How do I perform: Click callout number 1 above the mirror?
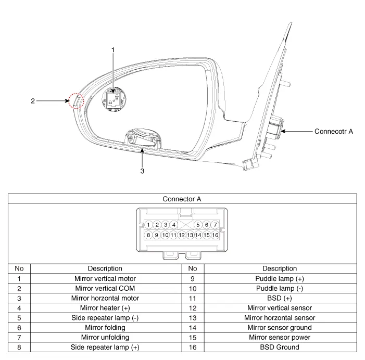(113, 50)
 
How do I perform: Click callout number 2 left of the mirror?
(33, 101)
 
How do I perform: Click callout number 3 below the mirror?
(142, 170)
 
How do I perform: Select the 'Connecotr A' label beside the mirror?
(334, 132)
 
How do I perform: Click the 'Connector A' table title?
(182, 199)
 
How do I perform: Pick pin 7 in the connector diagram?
(215, 225)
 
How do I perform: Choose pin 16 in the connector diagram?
(215, 235)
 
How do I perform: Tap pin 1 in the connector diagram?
(149, 225)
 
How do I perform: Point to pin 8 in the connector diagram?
(149, 235)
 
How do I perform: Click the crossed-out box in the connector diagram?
(186, 225)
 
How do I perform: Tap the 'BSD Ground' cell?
(280, 347)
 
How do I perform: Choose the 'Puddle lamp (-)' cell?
(280, 288)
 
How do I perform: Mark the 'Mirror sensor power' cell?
(280, 337)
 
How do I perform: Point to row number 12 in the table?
(193, 308)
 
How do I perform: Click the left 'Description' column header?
(105, 268)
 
